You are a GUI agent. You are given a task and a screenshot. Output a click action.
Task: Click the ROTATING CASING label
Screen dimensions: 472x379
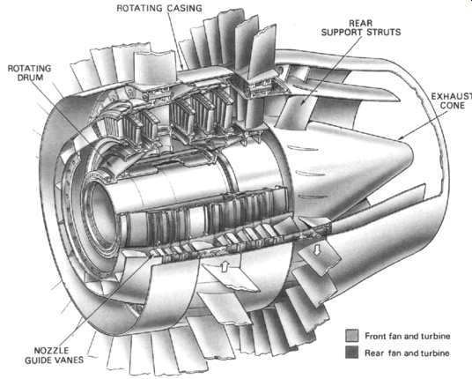159,8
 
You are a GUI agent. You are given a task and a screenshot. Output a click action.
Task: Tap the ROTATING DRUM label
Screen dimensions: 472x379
30,73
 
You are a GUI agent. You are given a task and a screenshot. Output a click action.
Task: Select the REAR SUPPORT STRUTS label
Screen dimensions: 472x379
361,27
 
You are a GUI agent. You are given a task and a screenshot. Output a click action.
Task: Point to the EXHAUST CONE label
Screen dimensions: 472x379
452,101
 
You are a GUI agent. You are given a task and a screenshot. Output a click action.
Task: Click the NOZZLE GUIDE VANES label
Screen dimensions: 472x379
55,355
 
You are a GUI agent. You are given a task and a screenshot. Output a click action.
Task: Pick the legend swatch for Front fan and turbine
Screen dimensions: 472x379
352,335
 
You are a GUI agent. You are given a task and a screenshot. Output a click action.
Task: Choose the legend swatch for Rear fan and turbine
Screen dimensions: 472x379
352,352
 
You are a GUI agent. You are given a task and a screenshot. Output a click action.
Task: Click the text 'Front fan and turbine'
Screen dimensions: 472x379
408,336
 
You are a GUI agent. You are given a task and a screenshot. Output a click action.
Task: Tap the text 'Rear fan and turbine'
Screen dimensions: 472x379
408,353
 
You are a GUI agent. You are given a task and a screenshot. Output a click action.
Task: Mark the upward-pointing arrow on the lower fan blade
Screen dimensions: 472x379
225,266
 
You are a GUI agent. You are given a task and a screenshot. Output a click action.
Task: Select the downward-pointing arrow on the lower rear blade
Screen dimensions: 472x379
317,249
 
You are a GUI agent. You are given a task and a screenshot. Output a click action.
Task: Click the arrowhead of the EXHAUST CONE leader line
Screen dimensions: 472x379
399,138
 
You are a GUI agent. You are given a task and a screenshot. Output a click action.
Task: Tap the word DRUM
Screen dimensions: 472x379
30,78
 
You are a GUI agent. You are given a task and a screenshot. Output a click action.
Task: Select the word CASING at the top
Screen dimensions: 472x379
185,8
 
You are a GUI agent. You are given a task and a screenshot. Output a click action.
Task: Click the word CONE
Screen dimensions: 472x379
453,106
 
